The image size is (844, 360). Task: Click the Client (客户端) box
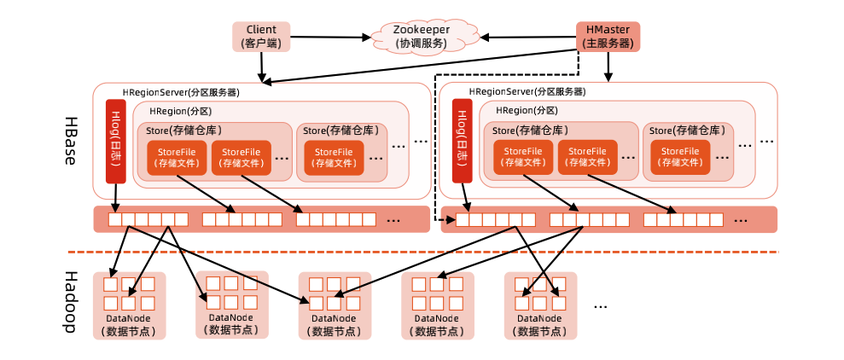click(x=261, y=36)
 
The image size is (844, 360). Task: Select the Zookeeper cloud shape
click(x=422, y=36)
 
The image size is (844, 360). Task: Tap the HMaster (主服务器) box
click(x=608, y=36)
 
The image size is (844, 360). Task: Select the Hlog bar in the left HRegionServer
click(x=115, y=142)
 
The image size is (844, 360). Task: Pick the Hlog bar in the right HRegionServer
click(x=463, y=142)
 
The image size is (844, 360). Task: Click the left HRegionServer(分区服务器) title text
click(x=181, y=92)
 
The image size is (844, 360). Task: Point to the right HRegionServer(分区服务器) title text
click(x=527, y=92)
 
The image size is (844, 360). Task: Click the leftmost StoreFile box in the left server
click(x=176, y=157)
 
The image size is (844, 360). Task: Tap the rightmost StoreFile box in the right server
click(x=679, y=157)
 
